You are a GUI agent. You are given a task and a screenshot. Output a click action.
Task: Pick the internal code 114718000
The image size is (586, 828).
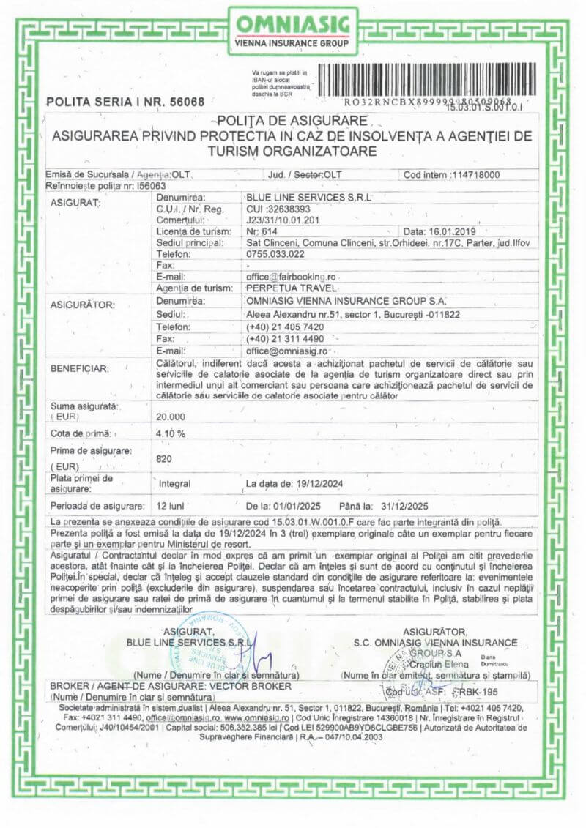(473, 175)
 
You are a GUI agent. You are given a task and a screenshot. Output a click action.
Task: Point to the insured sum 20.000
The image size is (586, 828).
(171, 416)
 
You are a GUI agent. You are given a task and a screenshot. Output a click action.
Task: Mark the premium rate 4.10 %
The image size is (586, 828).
(171, 433)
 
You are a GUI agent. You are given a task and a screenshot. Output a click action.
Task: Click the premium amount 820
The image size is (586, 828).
(165, 460)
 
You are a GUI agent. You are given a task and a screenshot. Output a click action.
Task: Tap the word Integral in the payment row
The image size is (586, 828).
(175, 484)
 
